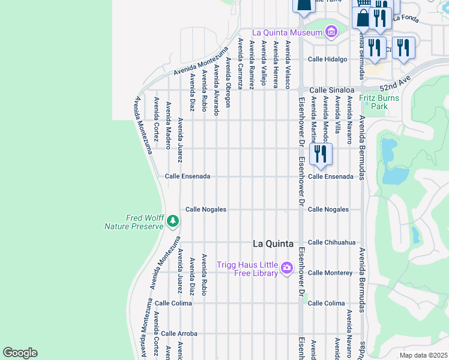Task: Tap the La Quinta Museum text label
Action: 288,32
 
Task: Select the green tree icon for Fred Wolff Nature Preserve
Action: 173,221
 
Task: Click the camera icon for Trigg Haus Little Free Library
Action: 287,267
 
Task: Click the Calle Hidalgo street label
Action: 328,59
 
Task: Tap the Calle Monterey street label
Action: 330,273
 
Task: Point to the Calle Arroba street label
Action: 179,334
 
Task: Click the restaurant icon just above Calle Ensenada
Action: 320,154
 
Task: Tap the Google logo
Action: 20,352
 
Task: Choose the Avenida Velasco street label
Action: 288,65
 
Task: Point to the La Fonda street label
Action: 406,18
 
